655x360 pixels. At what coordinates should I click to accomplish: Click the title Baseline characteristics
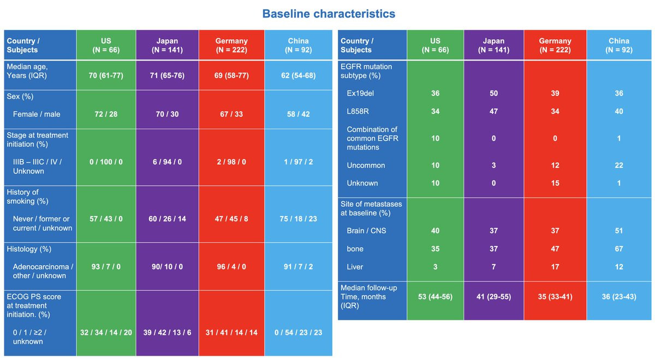click(329, 14)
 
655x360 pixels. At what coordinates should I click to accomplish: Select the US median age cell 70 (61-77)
click(106, 75)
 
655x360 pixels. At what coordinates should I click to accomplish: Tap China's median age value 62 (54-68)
click(298, 75)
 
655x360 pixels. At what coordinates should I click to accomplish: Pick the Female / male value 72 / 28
click(106, 114)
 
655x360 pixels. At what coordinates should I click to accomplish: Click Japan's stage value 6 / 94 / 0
click(168, 162)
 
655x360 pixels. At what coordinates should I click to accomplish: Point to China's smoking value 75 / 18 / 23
click(298, 219)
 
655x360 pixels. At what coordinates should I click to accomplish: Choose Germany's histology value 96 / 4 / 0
click(231, 267)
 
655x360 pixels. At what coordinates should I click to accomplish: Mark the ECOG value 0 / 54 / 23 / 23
click(298, 332)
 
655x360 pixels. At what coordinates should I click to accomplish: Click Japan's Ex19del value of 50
click(494, 93)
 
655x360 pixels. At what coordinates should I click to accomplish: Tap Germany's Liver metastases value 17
click(555, 267)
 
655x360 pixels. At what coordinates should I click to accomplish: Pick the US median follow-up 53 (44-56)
click(436, 297)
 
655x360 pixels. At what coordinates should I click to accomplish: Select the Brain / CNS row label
click(366, 231)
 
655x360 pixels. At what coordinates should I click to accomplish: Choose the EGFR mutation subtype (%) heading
click(366, 71)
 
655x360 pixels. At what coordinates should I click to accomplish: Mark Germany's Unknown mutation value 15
click(555, 183)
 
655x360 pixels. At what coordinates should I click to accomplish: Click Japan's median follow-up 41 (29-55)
click(494, 297)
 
